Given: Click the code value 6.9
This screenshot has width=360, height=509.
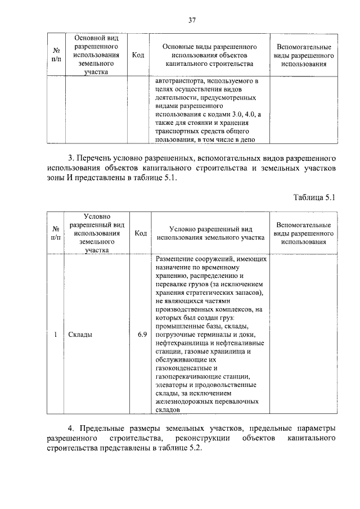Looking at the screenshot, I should coord(142,335).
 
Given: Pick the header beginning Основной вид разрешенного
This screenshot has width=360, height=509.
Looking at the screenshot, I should coord(95,55).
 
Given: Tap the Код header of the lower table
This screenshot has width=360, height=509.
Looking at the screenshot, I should coord(141,233).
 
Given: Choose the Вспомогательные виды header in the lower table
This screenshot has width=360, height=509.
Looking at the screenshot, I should coord(303,233).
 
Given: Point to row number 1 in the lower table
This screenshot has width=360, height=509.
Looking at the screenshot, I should coord(56,335).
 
